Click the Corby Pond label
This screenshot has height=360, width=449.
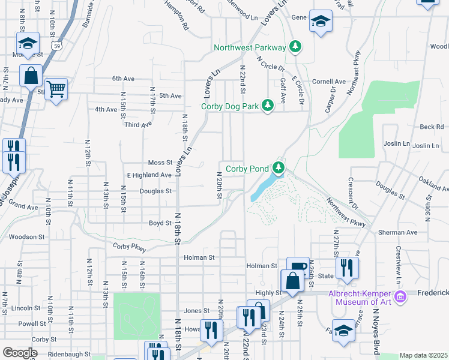point(247,169)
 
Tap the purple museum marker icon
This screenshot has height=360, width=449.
point(399,296)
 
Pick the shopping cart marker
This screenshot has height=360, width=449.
point(56,89)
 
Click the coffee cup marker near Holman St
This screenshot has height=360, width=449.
point(298,267)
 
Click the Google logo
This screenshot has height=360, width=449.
point(20,353)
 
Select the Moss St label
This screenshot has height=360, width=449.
point(160,163)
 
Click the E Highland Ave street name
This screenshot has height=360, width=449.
point(149,175)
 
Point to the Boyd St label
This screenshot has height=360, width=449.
point(160,223)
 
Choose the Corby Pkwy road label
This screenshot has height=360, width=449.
point(129,246)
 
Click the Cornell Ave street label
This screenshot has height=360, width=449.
point(328,82)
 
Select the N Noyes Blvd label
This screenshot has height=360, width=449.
point(376,324)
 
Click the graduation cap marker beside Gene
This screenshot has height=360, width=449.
point(321,22)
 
